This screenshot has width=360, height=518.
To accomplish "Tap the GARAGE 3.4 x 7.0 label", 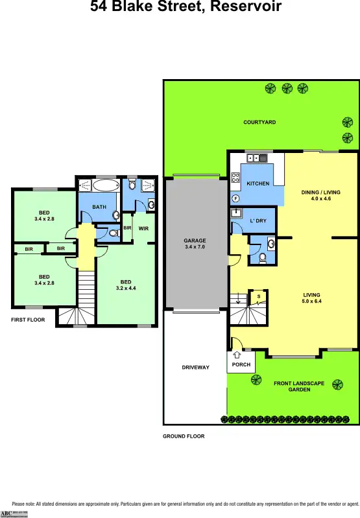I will (x=195, y=244).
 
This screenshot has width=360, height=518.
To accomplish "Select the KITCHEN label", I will (x=258, y=183).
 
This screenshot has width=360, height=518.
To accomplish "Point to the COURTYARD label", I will (x=259, y=122).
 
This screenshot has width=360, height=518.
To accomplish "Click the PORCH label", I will (x=241, y=364).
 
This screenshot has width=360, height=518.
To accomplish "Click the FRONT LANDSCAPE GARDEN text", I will (x=298, y=387).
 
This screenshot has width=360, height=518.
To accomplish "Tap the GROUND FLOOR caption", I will (x=184, y=436).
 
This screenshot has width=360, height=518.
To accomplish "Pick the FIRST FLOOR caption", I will (x=28, y=320).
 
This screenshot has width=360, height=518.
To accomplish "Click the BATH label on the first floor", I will (x=99, y=207).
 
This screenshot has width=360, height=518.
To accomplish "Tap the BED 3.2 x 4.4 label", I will (x=126, y=285).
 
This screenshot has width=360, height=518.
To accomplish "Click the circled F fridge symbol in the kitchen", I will (x=236, y=198).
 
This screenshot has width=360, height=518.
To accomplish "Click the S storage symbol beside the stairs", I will (x=259, y=296).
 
